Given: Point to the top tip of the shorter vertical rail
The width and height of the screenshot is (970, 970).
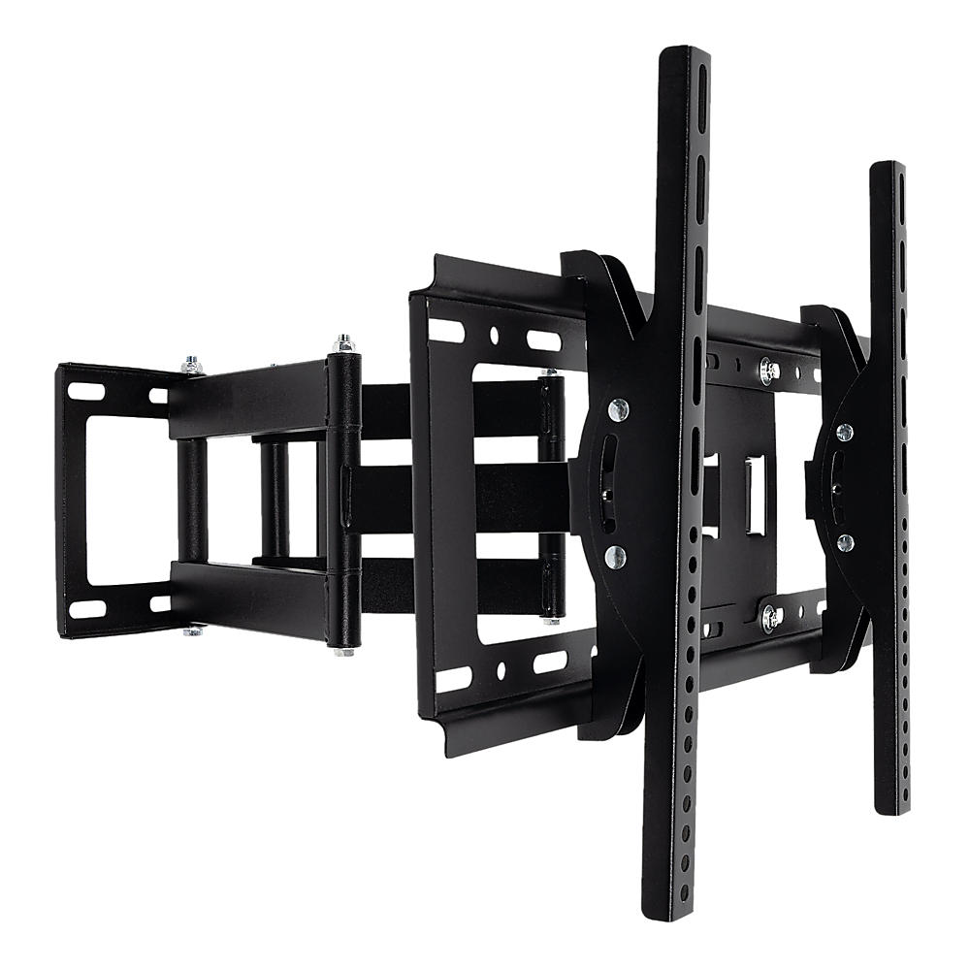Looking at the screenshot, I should [889, 166].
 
